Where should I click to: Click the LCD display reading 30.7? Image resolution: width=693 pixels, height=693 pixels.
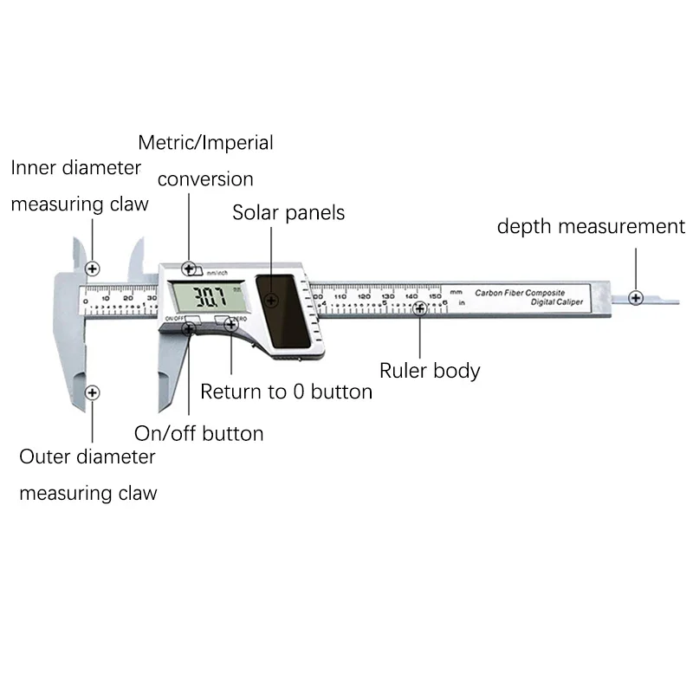(x=208, y=298)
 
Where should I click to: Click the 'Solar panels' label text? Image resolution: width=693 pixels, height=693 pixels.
(x=288, y=212)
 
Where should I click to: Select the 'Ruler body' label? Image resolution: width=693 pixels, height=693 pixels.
(x=430, y=371)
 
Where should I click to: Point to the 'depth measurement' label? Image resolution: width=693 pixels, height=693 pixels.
(x=591, y=227)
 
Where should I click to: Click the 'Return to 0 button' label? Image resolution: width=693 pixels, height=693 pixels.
(x=286, y=392)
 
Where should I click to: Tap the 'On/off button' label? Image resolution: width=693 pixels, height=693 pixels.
(x=198, y=433)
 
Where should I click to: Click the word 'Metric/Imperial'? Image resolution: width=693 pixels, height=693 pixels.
(x=205, y=142)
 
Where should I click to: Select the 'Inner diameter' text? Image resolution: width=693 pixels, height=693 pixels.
(x=76, y=167)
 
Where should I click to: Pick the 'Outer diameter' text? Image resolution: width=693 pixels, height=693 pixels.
(x=87, y=457)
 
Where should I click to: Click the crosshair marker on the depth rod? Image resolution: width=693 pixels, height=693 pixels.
(x=637, y=297)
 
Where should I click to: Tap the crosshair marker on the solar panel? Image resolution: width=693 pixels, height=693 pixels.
(x=272, y=301)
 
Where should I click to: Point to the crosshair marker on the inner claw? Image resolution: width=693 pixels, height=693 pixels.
(x=93, y=268)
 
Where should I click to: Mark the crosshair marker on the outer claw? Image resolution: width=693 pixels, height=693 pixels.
(x=93, y=392)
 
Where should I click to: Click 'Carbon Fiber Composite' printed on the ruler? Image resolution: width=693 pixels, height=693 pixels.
(x=520, y=294)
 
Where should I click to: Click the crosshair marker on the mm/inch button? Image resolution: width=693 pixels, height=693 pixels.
(x=189, y=269)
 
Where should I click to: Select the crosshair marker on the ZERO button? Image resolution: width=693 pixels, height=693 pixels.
(x=230, y=324)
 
